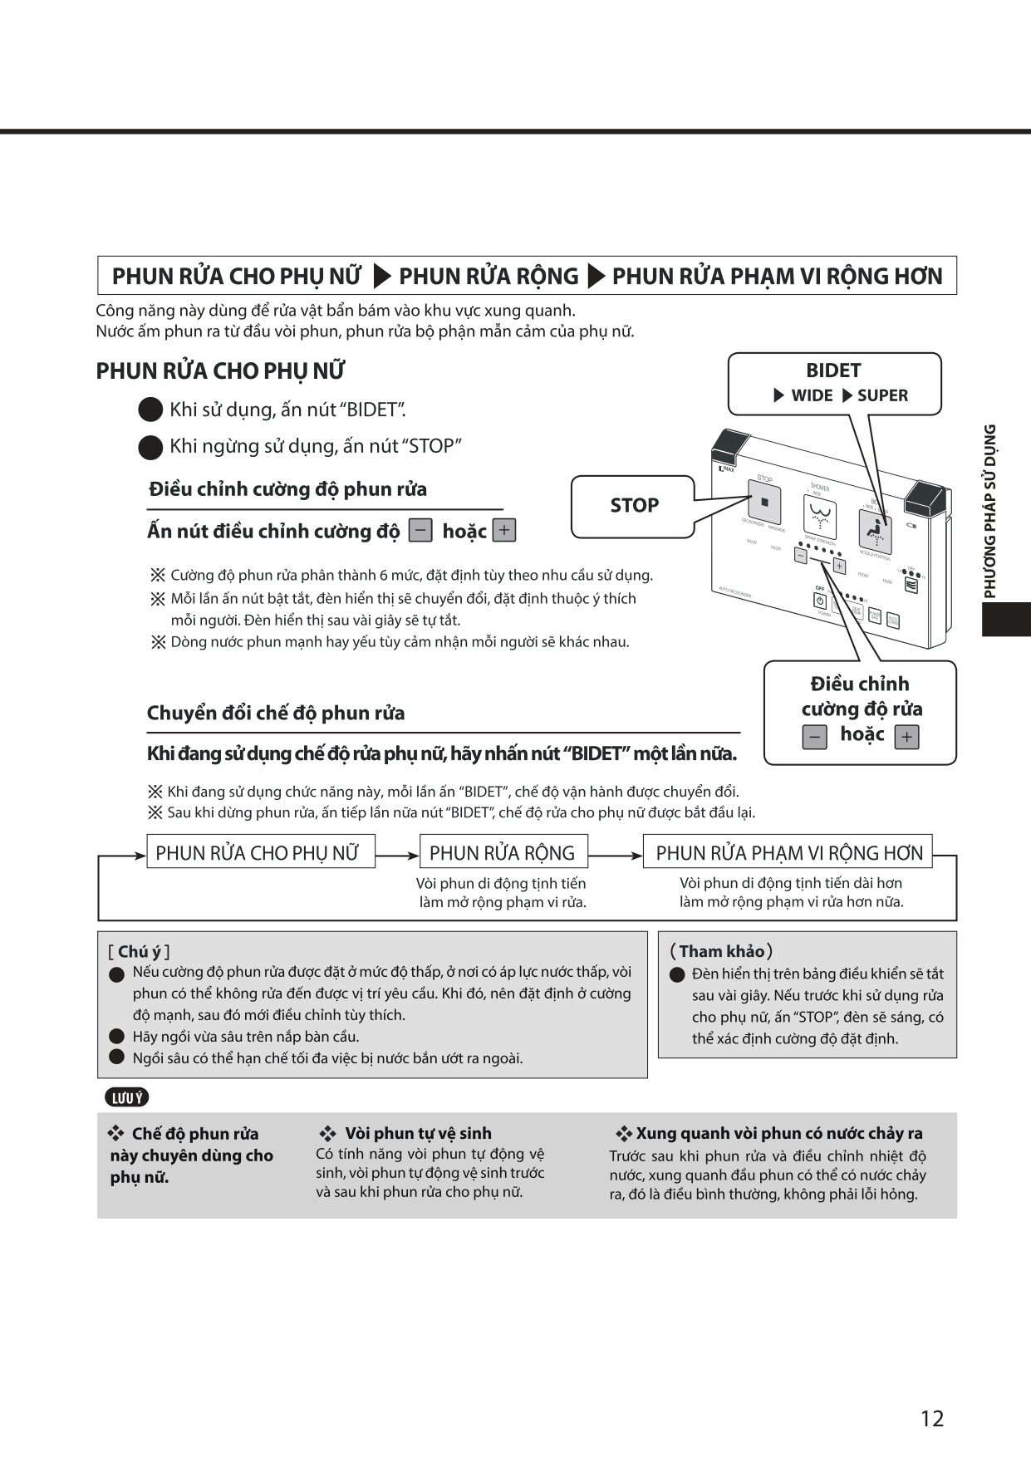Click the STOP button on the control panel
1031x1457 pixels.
click(764, 503)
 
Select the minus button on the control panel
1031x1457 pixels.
click(800, 556)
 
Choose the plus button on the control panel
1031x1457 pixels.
click(839, 567)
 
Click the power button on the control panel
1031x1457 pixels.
click(820, 601)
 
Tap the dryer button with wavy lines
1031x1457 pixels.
click(911, 586)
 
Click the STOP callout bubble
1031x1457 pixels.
click(633, 505)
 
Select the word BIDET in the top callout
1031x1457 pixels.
click(833, 370)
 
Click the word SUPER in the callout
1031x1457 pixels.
click(882, 395)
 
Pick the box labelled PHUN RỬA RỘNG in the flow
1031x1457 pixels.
click(503, 852)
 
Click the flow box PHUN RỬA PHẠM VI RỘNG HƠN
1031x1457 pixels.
click(788, 852)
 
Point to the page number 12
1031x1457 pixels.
click(932, 1418)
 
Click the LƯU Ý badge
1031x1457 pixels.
click(127, 1097)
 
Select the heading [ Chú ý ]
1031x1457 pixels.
click(139, 952)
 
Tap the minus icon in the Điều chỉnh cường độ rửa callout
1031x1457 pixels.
click(814, 737)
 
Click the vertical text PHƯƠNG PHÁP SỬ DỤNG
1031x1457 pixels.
click(989, 511)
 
